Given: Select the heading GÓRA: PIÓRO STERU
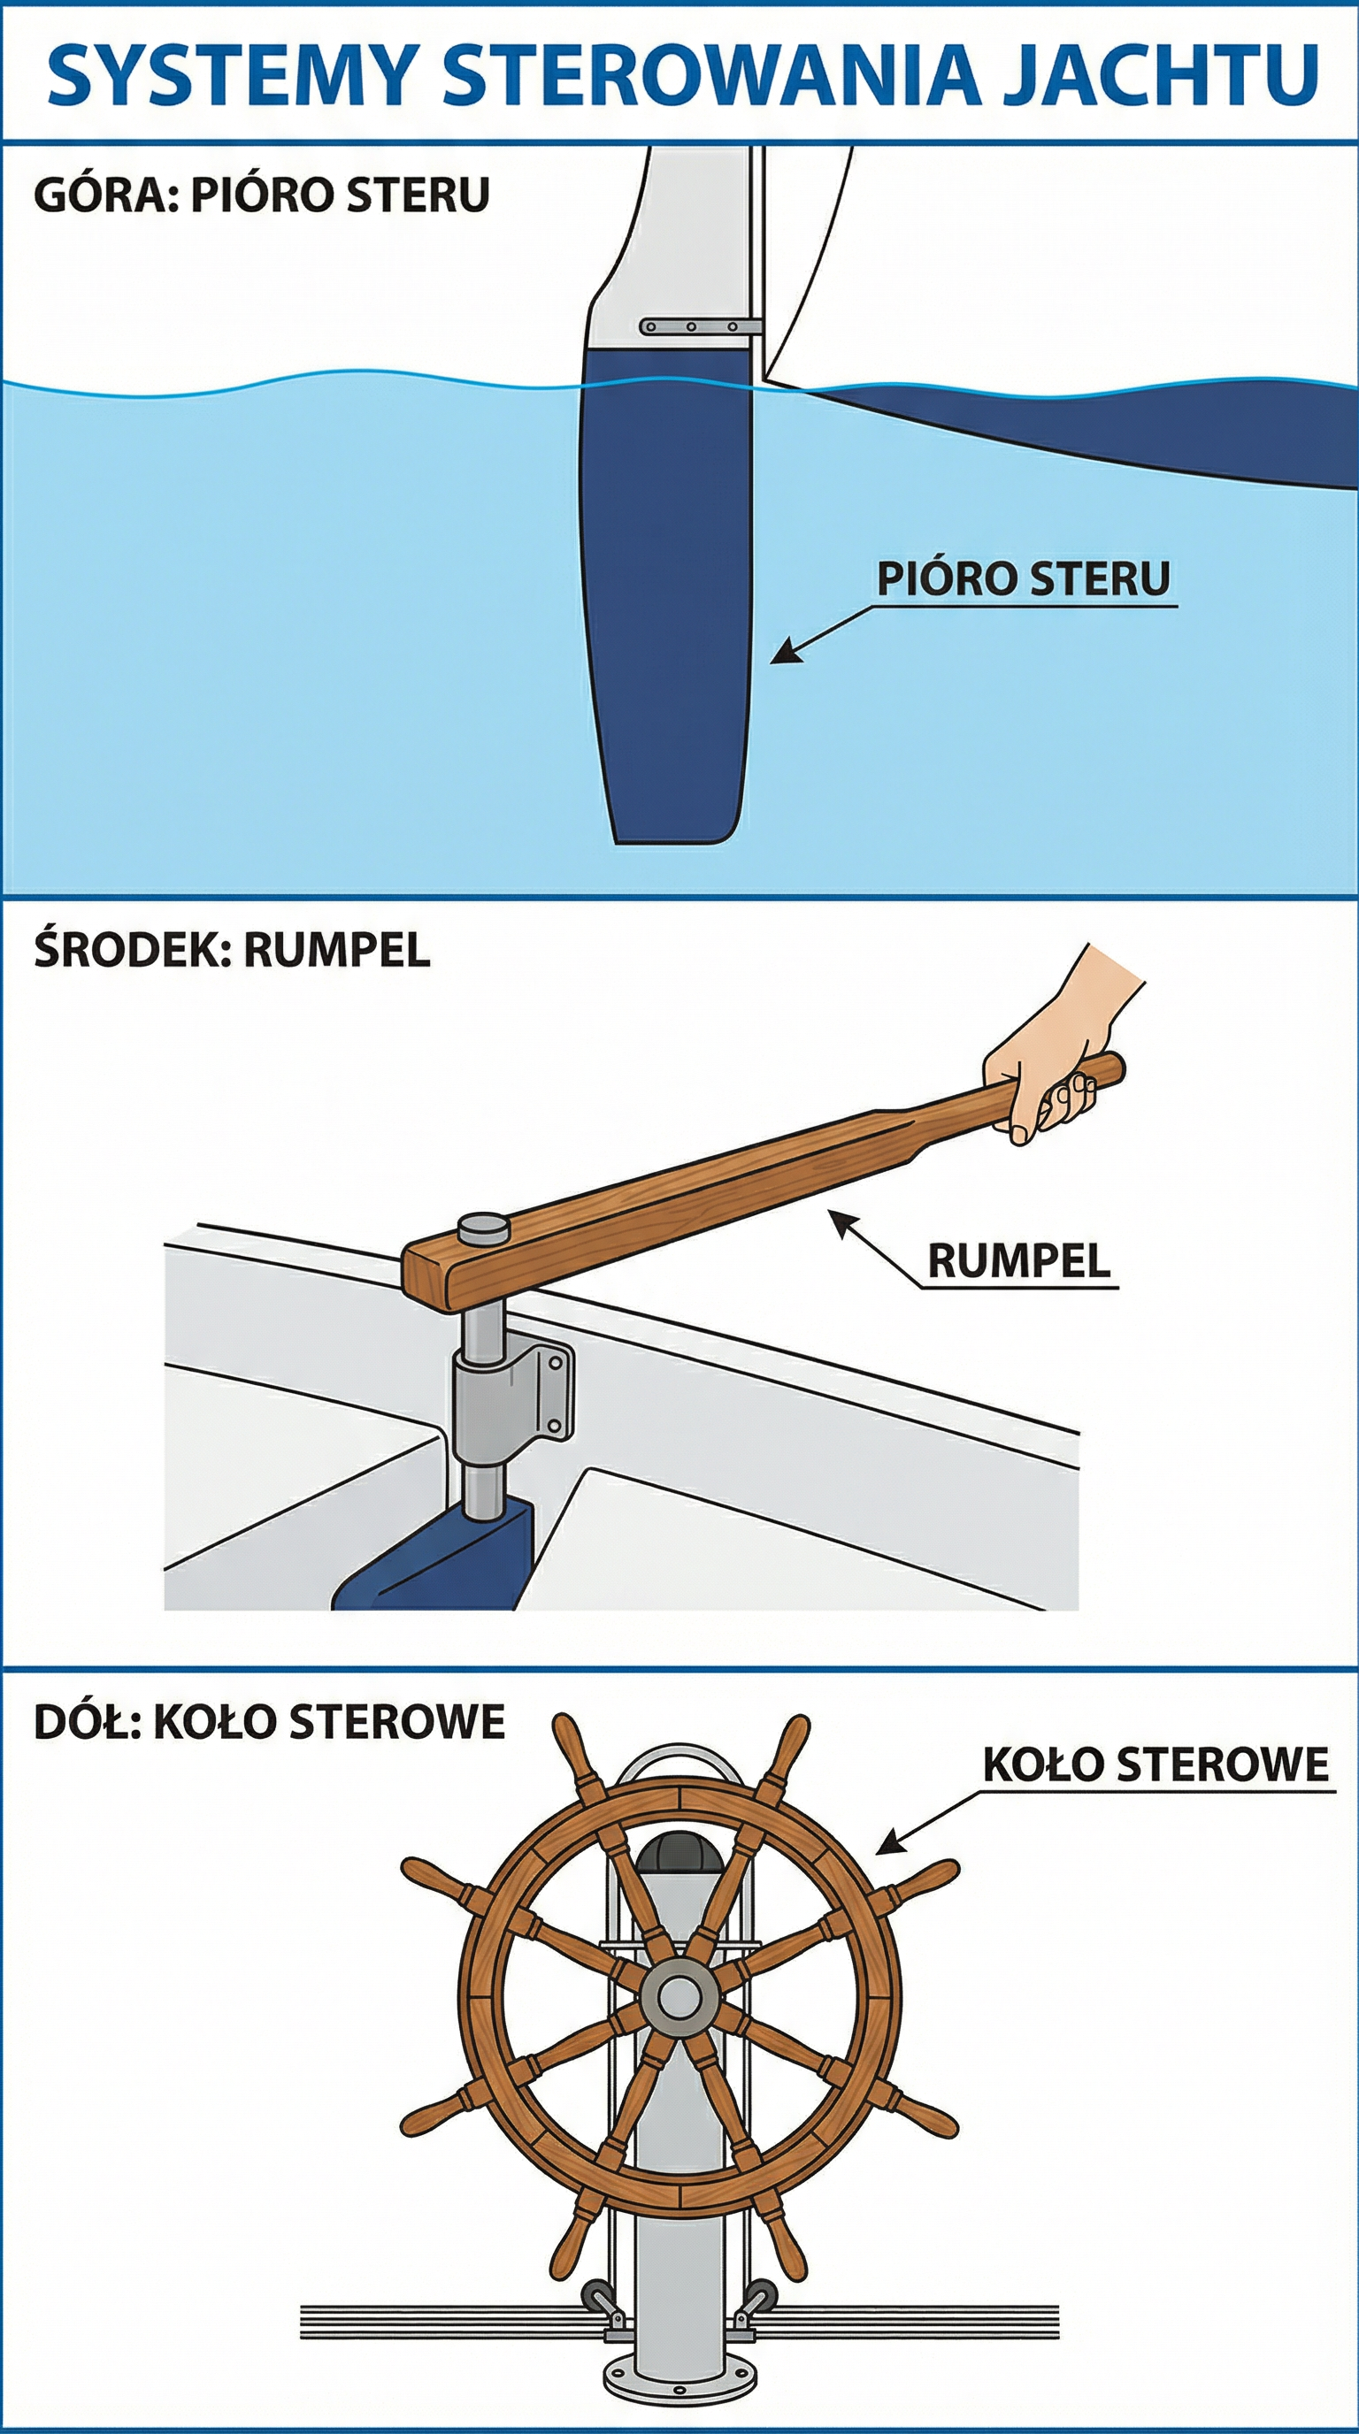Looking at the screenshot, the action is point(262,195).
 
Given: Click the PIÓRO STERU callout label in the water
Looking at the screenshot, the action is point(1024,578).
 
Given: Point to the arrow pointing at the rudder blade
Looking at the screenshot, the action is point(821,634).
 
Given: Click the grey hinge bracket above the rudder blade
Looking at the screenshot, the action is point(700,327).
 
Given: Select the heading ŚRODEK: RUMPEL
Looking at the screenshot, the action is point(233,950).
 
